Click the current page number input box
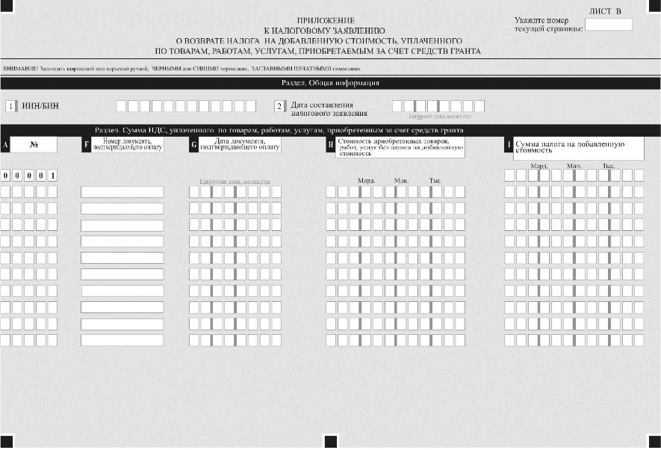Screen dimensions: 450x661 [x=608, y=25]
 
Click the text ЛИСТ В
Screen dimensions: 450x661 [x=606, y=11]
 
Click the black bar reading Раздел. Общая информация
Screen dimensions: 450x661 [x=330, y=83]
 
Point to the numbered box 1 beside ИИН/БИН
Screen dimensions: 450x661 [x=10, y=106]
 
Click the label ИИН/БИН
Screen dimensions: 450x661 [x=41, y=106]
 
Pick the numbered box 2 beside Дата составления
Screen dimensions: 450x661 [x=279, y=107]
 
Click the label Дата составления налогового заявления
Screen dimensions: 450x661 [x=329, y=109]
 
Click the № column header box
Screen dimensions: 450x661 [x=34, y=145]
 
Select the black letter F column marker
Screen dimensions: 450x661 [x=86, y=145]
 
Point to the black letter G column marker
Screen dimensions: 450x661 [x=194, y=145]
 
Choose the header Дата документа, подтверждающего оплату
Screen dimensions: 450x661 [x=240, y=145]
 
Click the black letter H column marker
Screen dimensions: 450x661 [x=330, y=146]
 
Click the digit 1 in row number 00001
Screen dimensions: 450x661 [x=52, y=176]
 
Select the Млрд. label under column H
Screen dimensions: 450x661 [x=366, y=181]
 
